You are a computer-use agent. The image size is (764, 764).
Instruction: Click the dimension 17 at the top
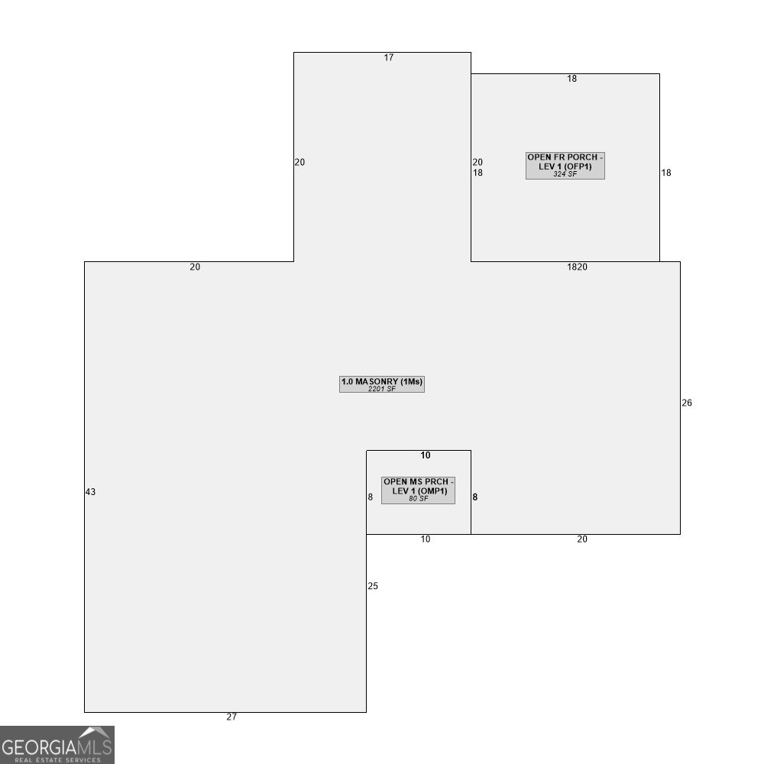click(x=389, y=58)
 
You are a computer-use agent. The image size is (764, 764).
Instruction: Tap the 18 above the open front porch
click(x=571, y=79)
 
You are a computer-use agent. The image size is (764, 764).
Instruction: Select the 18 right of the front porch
click(x=666, y=173)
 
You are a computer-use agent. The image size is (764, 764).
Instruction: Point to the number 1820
click(x=577, y=267)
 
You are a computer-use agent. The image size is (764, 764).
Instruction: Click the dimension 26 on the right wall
click(x=687, y=403)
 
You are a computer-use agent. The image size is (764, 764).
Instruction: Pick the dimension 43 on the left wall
click(x=90, y=492)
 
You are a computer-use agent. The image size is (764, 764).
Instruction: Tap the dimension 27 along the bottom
click(x=231, y=717)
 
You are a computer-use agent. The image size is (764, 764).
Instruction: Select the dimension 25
click(x=373, y=586)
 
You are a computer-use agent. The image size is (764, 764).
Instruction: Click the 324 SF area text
click(x=565, y=174)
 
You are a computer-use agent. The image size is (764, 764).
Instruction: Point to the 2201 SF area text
click(x=382, y=389)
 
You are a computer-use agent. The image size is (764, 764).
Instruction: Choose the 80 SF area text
click(x=418, y=499)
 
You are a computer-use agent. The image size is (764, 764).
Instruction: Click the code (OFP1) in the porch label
click(x=578, y=166)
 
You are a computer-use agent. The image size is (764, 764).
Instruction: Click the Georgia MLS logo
click(x=57, y=744)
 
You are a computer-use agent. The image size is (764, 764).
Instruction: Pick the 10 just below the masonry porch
click(x=426, y=539)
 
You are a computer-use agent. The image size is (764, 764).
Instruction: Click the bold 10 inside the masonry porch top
click(x=426, y=455)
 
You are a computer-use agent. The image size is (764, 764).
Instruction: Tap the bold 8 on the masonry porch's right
click(x=475, y=497)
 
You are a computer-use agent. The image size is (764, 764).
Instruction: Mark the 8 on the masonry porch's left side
click(x=371, y=497)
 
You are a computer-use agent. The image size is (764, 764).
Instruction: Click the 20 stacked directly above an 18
click(x=477, y=162)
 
